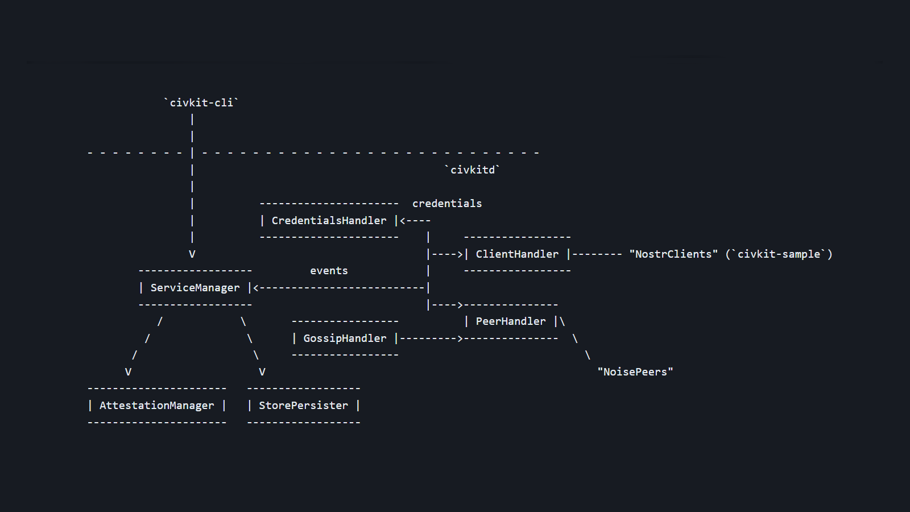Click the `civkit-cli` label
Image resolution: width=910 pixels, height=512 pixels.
click(201, 103)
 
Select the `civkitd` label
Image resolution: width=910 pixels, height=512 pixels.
click(472, 170)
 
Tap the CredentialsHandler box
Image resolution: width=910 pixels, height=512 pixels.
click(329, 221)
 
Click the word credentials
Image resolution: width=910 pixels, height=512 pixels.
click(447, 204)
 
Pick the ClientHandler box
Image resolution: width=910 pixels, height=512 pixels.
click(517, 254)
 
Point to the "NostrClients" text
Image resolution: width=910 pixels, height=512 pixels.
click(673, 254)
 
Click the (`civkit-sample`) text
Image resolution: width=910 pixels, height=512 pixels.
click(779, 254)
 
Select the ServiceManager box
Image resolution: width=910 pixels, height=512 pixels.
click(195, 288)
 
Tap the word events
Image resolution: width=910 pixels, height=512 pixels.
click(329, 271)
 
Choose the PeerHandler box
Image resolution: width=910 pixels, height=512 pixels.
click(510, 321)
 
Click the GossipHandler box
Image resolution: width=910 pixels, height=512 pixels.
click(345, 338)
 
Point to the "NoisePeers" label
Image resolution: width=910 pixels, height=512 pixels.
click(635, 372)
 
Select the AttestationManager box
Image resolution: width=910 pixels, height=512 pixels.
click(157, 406)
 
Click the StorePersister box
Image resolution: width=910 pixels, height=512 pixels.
click(303, 406)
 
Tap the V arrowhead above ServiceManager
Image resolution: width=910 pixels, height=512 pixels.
click(192, 254)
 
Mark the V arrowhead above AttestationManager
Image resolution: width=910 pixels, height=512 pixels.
click(128, 372)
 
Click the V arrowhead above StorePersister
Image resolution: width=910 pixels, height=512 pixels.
click(262, 372)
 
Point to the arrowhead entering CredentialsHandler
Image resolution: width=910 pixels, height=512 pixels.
click(403, 221)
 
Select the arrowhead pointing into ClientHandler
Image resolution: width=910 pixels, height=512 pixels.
click(460, 254)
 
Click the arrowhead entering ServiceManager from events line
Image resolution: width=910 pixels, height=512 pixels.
click(256, 288)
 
